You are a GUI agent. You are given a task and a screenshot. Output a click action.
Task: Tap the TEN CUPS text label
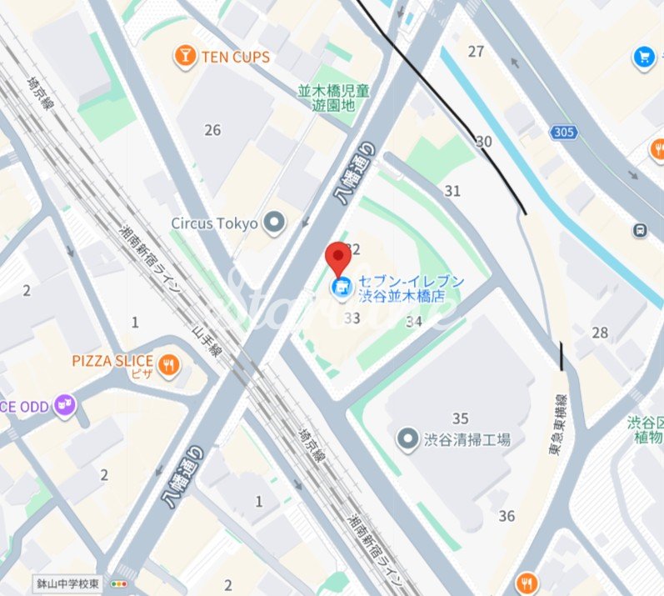(236, 58)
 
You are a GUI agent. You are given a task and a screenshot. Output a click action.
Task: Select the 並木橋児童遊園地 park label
(333, 98)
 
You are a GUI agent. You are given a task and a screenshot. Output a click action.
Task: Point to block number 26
(212, 130)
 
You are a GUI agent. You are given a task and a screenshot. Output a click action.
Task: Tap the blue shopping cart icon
(644, 56)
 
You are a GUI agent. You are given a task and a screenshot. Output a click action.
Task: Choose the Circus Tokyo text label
(214, 223)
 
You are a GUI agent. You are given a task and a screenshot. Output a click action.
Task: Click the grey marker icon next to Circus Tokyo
(273, 223)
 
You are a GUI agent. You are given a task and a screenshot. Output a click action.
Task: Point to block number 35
(460, 418)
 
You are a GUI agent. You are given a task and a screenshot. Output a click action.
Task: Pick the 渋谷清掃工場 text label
(467, 439)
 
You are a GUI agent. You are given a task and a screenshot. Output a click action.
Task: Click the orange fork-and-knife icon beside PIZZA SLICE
(169, 363)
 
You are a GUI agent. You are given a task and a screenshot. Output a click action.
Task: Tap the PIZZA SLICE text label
(112, 361)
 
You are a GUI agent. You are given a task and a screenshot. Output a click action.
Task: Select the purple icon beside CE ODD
(64, 406)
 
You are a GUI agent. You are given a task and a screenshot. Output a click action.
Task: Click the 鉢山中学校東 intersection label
(67, 584)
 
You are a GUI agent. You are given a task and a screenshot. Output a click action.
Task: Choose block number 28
(600, 333)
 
